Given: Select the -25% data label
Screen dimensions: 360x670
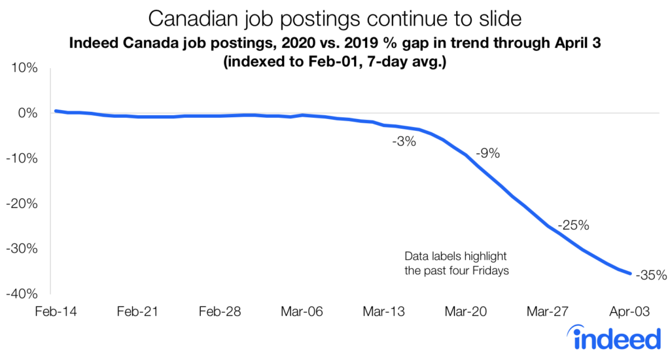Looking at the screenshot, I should [574, 226].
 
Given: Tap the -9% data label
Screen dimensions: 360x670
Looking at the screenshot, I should [487, 154].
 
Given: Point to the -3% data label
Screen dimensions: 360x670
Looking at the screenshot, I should [404, 140].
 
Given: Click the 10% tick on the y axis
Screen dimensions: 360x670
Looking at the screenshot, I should [24, 68].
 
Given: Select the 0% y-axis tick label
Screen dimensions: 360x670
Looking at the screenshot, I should [28, 113].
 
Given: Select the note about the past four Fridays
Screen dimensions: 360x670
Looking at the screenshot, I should [456, 263].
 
